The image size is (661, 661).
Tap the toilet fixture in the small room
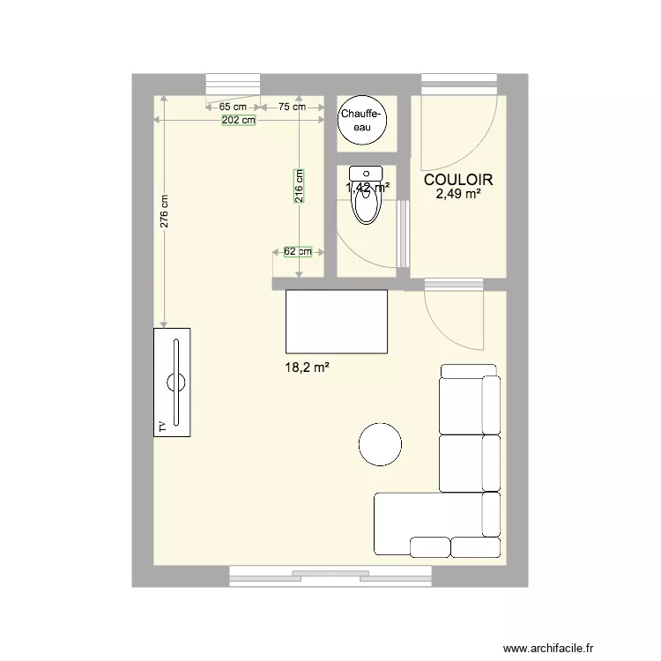pos(365,198)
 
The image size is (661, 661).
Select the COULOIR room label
pos(457,179)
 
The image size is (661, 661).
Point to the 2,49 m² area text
pos(457,194)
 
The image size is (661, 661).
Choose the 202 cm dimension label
pos(238,120)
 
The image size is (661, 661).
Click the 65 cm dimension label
pos(234,107)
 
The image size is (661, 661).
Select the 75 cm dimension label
pos(292,107)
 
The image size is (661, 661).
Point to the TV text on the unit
pos(162,426)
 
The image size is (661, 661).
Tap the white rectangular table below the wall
pos(336,321)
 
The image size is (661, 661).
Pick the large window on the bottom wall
pos(330,576)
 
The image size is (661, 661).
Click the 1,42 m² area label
pos(368,188)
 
